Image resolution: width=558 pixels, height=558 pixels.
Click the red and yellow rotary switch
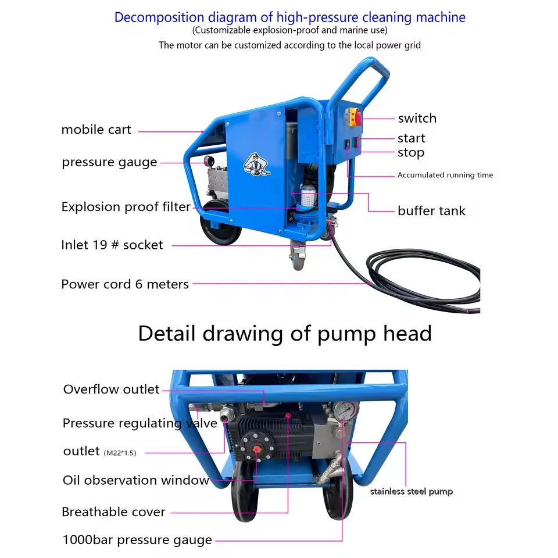pyautogui.click(x=353, y=117)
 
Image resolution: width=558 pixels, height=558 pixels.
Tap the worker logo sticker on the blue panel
pyautogui.click(x=256, y=164)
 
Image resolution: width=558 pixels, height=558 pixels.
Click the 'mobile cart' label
pyautogui.click(x=96, y=130)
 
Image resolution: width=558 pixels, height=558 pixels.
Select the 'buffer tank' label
pyautogui.click(x=431, y=210)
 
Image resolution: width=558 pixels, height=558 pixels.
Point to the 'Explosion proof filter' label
pyautogui.click(x=126, y=207)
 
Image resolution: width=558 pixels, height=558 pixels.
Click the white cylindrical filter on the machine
pyautogui.click(x=308, y=197)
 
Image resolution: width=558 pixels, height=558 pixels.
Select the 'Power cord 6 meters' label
pyautogui.click(x=125, y=284)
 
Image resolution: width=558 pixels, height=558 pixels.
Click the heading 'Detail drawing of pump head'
pyautogui.click(x=285, y=334)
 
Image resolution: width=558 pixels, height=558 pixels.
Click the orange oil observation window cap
pyautogui.click(x=256, y=450)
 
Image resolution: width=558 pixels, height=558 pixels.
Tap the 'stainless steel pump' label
pyautogui.click(x=412, y=492)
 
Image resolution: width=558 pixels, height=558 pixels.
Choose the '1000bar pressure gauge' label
pyautogui.click(x=137, y=540)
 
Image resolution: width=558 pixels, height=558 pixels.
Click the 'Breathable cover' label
pyautogui.click(x=113, y=512)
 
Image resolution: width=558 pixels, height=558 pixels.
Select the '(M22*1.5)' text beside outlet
pyautogui.click(x=120, y=453)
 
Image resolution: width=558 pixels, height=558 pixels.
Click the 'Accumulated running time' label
pyautogui.click(x=445, y=175)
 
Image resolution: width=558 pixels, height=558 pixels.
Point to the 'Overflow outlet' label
pyautogui.click(x=111, y=389)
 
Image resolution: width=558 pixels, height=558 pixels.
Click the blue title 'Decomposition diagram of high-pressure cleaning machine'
pyautogui.click(x=289, y=17)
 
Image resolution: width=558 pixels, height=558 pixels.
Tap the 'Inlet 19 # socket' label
pyautogui.click(x=112, y=245)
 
